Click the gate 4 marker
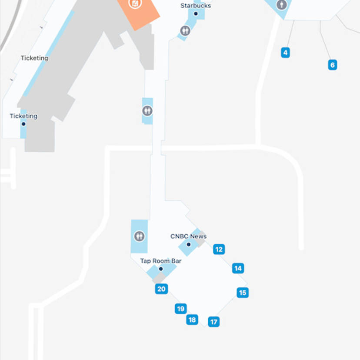[285, 53]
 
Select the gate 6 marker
[333, 65]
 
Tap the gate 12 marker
[219, 249]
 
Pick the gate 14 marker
[238, 268]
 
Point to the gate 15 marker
[243, 293]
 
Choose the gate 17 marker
[213, 322]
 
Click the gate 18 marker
[192, 320]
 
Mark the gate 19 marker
[181, 309]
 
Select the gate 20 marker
[161, 289]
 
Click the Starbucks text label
[196, 6]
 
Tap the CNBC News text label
[188, 237]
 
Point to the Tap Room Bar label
[160, 261]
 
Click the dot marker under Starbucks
[196, 14]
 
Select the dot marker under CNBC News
[189, 244]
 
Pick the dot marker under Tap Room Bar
[160, 269]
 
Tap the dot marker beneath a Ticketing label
[23, 124]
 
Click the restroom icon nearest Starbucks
[185, 31]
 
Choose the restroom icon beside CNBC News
[139, 236]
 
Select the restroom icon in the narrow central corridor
[147, 111]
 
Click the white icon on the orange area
[136, 4]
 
